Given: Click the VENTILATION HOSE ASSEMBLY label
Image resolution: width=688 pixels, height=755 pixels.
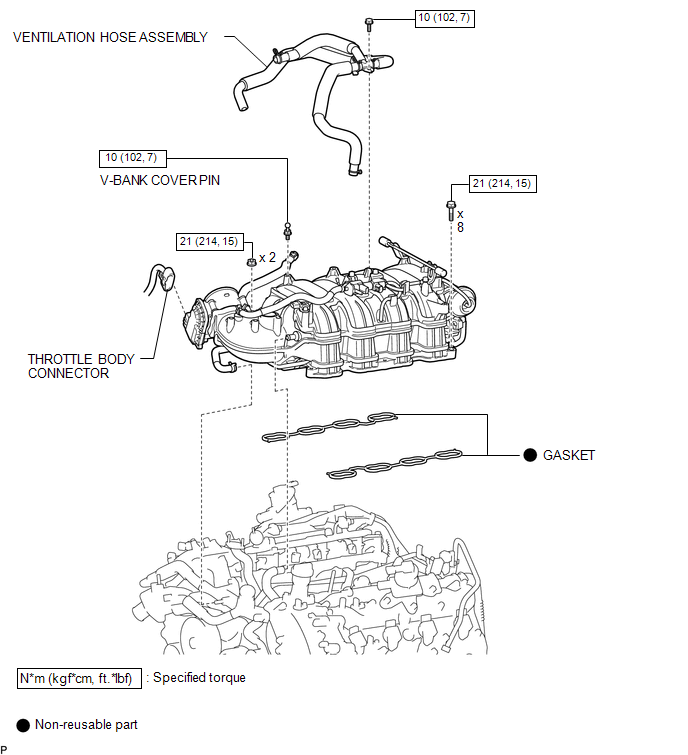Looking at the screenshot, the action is (x=110, y=37).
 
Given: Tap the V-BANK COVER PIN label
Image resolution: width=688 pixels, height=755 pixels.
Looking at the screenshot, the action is (x=160, y=180).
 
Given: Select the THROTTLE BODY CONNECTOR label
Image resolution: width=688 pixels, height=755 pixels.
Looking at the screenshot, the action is (x=81, y=366).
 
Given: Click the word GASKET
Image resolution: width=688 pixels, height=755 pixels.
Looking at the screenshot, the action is (x=569, y=455).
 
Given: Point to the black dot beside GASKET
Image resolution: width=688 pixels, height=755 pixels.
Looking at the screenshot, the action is (x=530, y=455).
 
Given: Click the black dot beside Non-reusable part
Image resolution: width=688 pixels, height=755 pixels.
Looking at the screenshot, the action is (x=23, y=725).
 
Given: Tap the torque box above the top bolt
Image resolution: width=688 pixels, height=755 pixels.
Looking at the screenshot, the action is (x=444, y=18).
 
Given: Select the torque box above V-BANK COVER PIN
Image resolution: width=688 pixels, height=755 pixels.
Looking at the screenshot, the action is (x=132, y=158).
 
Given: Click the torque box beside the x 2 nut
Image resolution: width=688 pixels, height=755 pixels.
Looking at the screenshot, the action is (x=209, y=242).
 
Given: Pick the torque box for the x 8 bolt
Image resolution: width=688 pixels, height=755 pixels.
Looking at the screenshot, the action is (x=502, y=183).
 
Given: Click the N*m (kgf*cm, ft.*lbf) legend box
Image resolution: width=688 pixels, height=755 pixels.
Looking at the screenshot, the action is (x=79, y=678).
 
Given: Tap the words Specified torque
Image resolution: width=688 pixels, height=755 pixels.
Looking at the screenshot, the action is (x=199, y=678).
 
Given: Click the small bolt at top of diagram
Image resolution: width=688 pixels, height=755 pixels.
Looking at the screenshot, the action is (x=369, y=24).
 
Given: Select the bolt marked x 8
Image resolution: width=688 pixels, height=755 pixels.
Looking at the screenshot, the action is (x=451, y=210).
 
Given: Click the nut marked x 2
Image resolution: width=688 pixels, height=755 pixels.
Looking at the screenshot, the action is (x=251, y=262).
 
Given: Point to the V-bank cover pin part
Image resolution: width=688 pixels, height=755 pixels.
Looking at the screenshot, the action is (x=287, y=231).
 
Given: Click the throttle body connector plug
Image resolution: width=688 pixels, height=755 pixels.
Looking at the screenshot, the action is (x=167, y=279).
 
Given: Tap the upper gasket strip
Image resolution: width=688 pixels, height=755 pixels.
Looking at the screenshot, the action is (x=330, y=426).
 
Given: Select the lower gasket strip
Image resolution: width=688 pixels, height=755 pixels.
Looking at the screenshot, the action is (x=394, y=464).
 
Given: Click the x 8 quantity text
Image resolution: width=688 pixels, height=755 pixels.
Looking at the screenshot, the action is (x=460, y=221).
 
